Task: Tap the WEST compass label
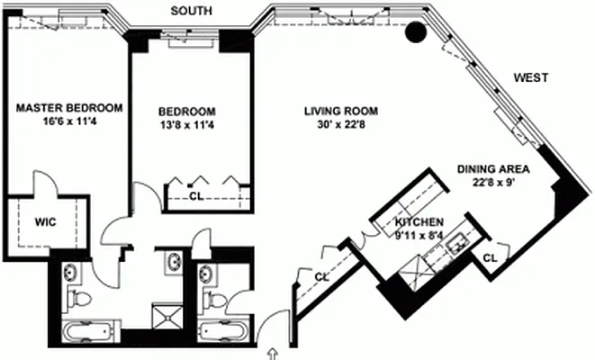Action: (x=531, y=78)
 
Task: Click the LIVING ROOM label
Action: (x=340, y=111)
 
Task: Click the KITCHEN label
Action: (x=419, y=221)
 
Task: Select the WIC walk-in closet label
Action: (x=48, y=220)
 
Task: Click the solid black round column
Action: (x=416, y=32)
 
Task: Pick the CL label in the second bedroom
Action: (x=197, y=194)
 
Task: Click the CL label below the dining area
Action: (x=490, y=258)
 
